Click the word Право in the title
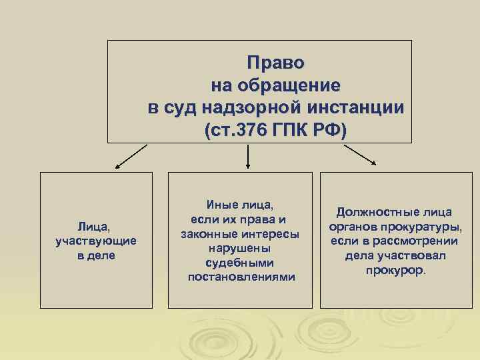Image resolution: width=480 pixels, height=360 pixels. [275, 63]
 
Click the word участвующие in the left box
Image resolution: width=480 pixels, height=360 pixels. [97, 241]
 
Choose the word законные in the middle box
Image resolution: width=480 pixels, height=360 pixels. [208, 234]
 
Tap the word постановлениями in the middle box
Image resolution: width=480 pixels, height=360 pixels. [240, 276]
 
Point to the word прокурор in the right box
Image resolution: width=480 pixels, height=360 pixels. [394, 271]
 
